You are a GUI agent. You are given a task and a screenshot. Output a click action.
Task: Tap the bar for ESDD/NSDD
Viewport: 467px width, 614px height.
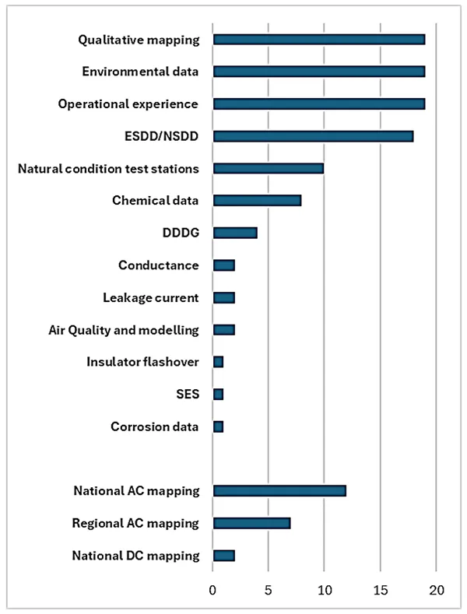pyautogui.click(x=313, y=136)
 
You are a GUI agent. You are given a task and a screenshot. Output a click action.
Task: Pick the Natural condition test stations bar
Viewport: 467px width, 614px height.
pyautogui.click(x=269, y=168)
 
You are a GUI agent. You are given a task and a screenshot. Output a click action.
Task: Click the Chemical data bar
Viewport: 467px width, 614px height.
pyautogui.click(x=258, y=201)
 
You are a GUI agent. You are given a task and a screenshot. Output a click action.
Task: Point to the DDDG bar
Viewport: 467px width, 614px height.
pyautogui.click(x=235, y=233)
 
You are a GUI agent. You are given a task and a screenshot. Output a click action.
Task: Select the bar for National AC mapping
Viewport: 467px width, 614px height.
pyautogui.click(x=279, y=491)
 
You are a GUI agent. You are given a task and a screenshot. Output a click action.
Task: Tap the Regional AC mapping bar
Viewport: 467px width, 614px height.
pyautogui.click(x=252, y=523)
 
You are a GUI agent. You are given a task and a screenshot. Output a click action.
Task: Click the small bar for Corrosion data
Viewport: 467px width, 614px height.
pyautogui.click(x=219, y=426)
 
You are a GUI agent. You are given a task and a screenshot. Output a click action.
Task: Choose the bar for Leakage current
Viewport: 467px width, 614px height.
pyautogui.click(x=224, y=297)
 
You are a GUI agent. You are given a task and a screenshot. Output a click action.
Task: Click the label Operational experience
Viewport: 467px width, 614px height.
pyautogui.click(x=128, y=104)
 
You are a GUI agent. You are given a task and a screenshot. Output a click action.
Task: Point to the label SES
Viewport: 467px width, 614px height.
pyautogui.click(x=188, y=395)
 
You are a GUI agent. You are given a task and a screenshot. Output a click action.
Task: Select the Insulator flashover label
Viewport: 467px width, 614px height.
pyautogui.click(x=143, y=362)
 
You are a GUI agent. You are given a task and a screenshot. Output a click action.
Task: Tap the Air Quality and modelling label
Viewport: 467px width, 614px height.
pyautogui.click(x=124, y=330)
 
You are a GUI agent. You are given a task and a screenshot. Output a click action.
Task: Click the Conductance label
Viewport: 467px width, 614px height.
pyautogui.click(x=159, y=265)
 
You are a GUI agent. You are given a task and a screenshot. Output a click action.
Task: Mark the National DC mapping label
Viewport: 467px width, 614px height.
pyautogui.click(x=136, y=556)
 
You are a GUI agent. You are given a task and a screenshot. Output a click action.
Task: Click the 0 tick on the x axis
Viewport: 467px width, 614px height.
pyautogui.click(x=213, y=590)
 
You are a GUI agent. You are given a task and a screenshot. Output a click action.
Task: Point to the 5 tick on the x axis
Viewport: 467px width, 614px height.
pyautogui.click(x=269, y=590)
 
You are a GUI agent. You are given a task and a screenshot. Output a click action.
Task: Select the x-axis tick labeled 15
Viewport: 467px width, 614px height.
pyautogui.click(x=380, y=590)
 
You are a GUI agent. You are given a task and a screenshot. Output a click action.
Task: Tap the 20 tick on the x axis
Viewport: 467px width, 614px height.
pyautogui.click(x=436, y=590)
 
